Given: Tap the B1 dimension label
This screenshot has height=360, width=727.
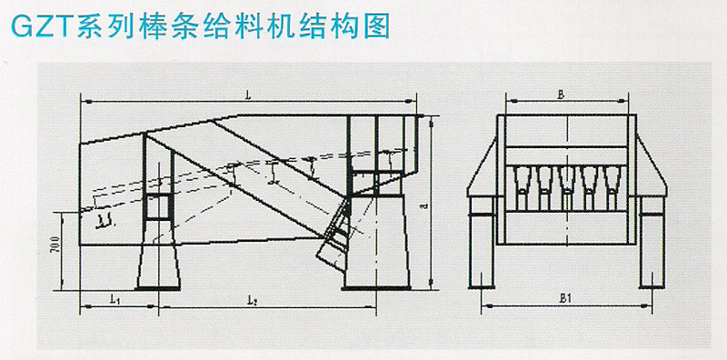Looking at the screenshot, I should [x=563, y=296].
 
